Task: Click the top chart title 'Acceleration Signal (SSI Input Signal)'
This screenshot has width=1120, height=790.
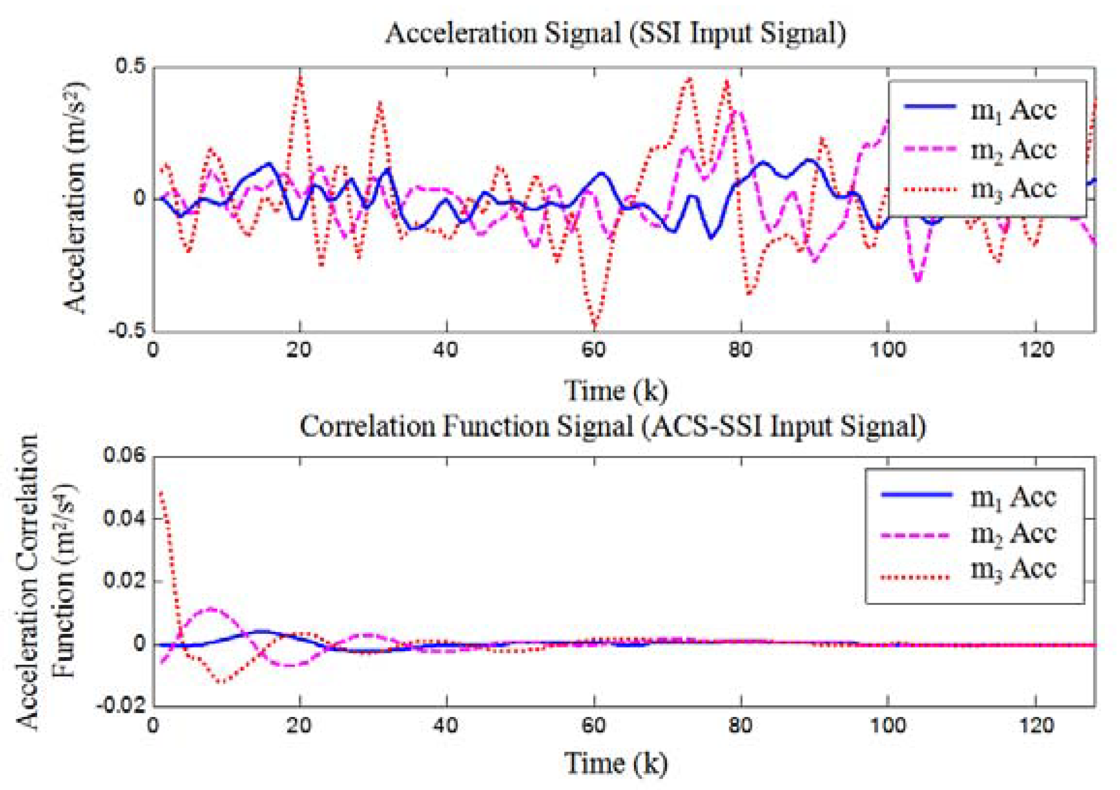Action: tap(616, 34)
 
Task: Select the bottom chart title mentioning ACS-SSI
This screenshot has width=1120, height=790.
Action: tap(613, 426)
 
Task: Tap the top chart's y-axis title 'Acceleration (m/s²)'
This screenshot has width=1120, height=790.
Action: tap(75, 197)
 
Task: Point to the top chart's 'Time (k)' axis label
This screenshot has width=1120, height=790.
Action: tap(616, 390)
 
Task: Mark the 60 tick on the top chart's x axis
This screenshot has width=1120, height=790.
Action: tap(594, 350)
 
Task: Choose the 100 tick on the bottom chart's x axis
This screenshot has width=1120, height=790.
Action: tap(887, 726)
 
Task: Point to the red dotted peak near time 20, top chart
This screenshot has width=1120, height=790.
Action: tap(300, 74)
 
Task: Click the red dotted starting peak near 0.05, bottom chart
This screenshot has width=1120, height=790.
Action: tap(161, 492)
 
